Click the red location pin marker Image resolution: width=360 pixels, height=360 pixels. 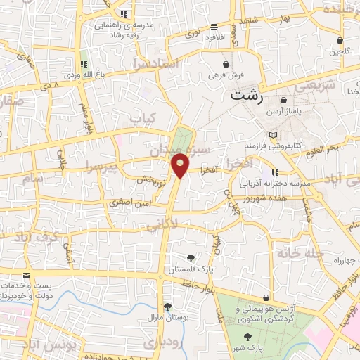click(x=181, y=165)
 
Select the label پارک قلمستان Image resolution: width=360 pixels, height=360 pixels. click(x=188, y=269)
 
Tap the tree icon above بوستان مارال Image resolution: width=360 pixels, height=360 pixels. click(x=167, y=307)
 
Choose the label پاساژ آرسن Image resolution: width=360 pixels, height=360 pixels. click(x=283, y=112)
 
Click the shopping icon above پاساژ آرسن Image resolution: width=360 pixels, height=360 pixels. click(x=283, y=101)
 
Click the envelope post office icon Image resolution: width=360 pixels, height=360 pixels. click(x=27, y=276)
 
